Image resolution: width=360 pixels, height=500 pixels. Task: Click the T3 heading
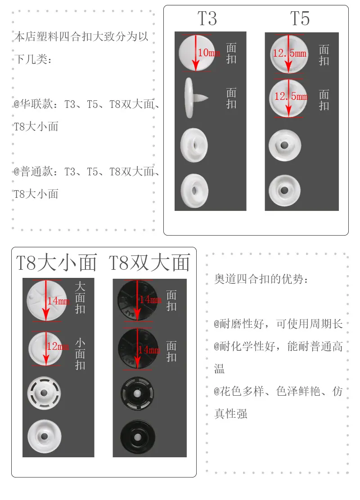[207, 18]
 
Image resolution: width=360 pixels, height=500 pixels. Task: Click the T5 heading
[300, 18]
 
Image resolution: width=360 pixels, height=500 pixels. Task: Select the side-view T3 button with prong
[196, 98]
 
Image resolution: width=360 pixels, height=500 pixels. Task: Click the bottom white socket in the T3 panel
[195, 191]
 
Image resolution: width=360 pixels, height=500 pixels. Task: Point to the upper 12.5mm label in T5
[289, 53]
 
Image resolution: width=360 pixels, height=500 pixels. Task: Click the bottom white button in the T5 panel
[284, 190]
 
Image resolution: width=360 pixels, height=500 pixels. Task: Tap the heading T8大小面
[56, 263]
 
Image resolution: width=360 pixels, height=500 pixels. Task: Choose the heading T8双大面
[149, 263]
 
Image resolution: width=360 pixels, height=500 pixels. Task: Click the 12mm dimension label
[58, 346]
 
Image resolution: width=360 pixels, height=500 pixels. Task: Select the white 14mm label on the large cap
[58, 301]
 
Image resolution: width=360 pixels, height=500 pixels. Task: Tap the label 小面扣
[80, 354]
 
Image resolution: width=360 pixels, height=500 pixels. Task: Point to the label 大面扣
[80, 298]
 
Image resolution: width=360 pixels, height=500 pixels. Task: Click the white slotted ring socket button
[44, 393]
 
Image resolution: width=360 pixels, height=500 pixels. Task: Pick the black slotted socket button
[137, 393]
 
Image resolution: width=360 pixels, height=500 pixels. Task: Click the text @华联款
[33, 104]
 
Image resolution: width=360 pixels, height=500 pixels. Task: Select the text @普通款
[33, 172]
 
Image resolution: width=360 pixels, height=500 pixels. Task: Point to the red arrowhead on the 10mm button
[196, 67]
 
